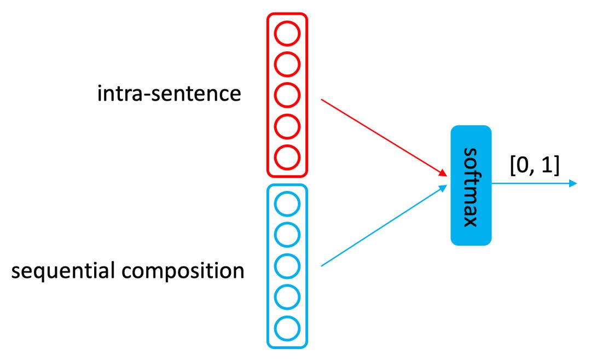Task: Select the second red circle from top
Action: pos(287,65)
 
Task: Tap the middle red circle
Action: pos(287,95)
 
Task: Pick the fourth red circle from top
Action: pos(287,126)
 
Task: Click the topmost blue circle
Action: pos(287,205)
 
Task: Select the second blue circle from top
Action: pos(287,236)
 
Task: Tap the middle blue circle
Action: pos(287,266)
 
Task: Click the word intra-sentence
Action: pos(169,94)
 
